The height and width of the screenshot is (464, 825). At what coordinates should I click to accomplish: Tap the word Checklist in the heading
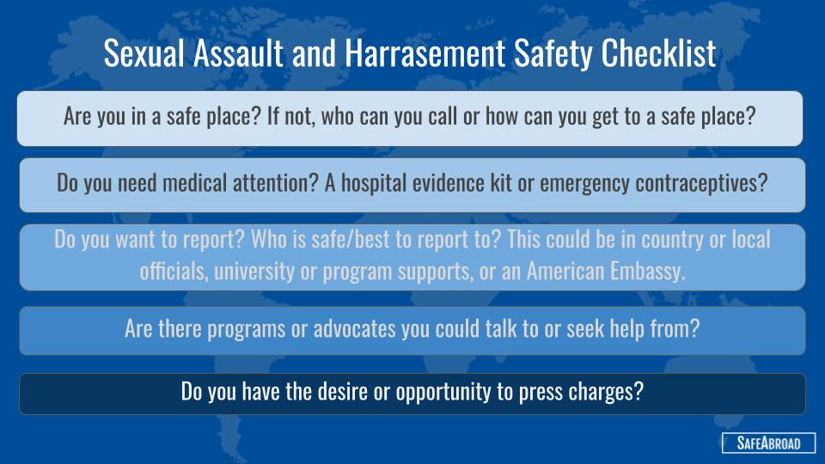click(658, 52)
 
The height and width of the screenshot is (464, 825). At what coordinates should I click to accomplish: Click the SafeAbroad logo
click(768, 443)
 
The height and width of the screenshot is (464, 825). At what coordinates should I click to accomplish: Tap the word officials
click(174, 272)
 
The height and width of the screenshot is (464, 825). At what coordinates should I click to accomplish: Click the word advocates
click(355, 329)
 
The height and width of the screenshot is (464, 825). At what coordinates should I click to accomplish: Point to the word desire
click(343, 392)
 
